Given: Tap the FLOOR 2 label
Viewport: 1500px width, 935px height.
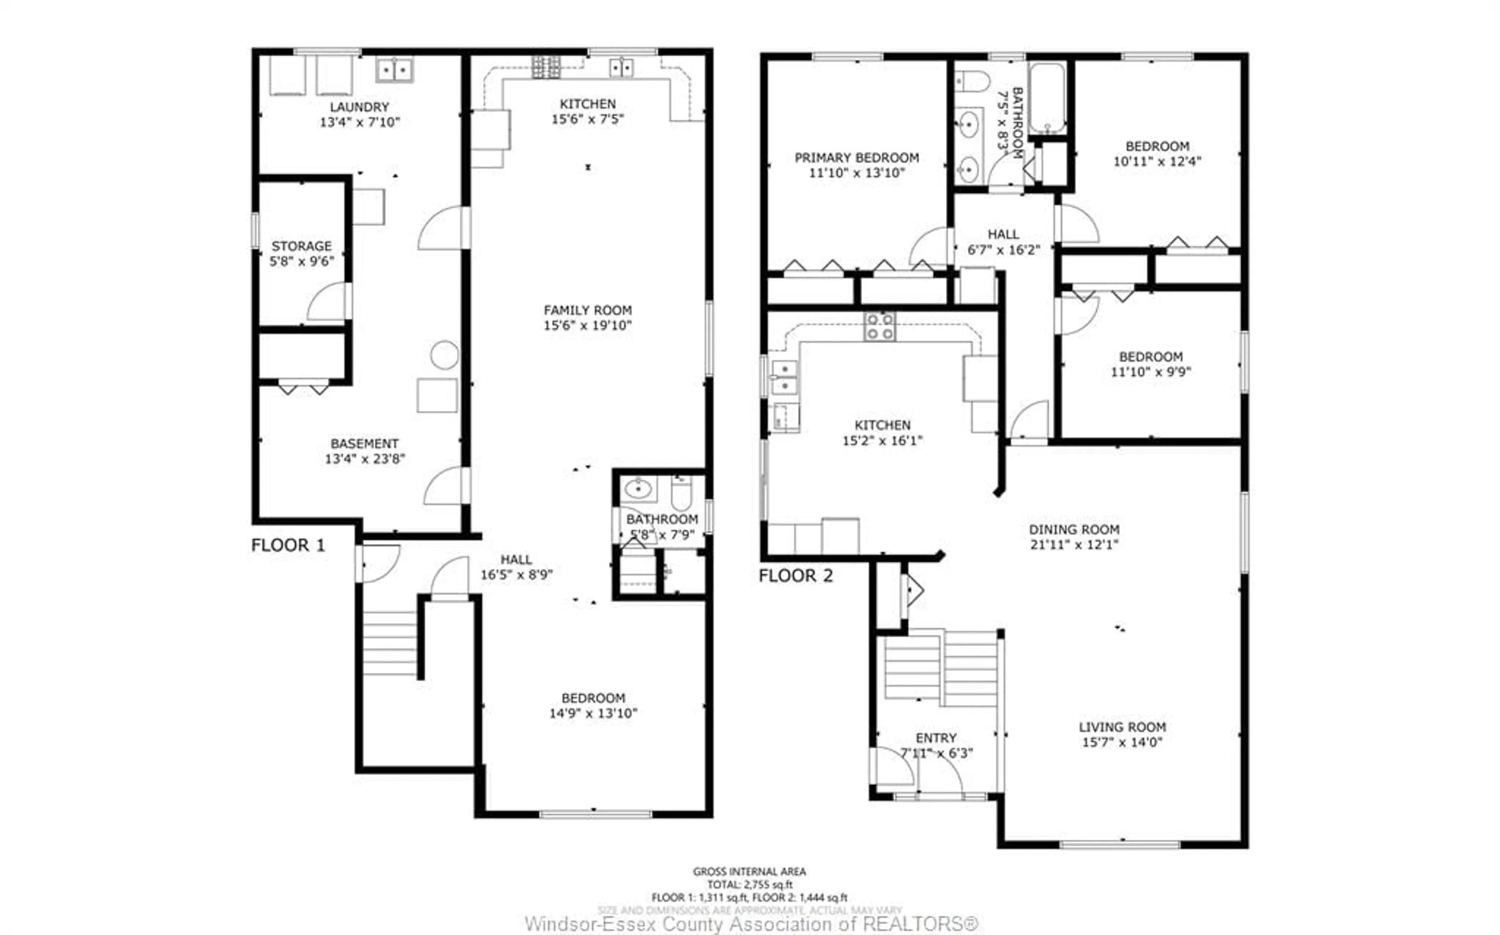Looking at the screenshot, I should pyautogui.click(x=795, y=576).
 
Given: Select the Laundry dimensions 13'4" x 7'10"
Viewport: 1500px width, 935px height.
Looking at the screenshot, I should pyautogui.click(x=359, y=123).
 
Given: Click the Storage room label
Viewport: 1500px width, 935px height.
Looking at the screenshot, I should pyautogui.click(x=301, y=246).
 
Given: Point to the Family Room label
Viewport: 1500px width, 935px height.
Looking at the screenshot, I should pyautogui.click(x=587, y=310).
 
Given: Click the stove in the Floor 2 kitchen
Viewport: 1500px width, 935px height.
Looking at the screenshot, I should pyautogui.click(x=879, y=327).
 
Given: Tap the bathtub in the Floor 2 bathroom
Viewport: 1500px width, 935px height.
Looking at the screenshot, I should pyautogui.click(x=1047, y=98).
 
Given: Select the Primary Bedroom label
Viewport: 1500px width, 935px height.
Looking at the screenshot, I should pyautogui.click(x=856, y=158).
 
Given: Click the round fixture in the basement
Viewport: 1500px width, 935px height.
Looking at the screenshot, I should pyautogui.click(x=444, y=356).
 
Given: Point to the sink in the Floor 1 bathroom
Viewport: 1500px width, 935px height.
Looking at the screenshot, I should pyautogui.click(x=637, y=489).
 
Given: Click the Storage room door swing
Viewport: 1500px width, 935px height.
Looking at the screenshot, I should pyautogui.click(x=328, y=303).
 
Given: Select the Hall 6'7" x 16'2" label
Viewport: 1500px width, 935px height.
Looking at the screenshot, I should pyautogui.click(x=1003, y=242).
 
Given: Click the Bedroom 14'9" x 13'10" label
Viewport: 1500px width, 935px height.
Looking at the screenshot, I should pyautogui.click(x=593, y=706).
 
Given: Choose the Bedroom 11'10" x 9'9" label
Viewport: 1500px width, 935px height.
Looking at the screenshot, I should pyautogui.click(x=1150, y=364).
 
